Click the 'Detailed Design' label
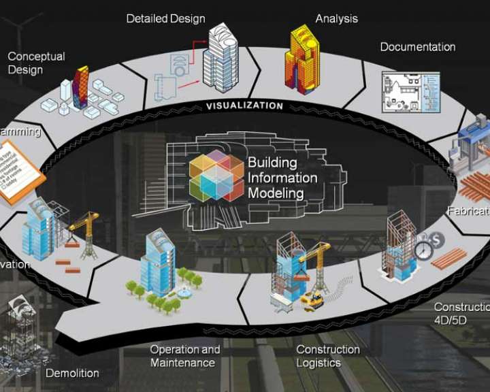tap(165, 18)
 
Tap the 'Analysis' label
tap(337, 18)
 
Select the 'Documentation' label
tap(417, 47)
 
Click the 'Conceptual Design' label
tap(36, 63)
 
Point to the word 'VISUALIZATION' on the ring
tap(244, 105)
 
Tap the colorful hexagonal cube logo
tap(216, 176)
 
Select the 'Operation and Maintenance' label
tap(185, 356)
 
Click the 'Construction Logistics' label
tap(327, 356)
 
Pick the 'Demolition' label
tap(72, 373)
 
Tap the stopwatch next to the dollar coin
tap(424, 249)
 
